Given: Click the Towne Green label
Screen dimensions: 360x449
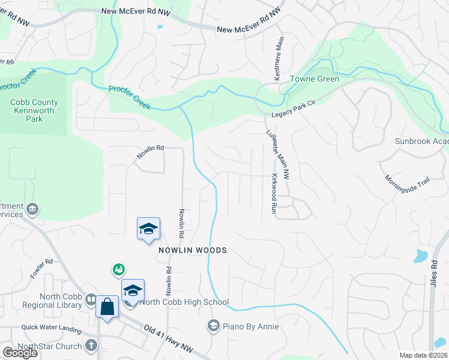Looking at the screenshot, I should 315,79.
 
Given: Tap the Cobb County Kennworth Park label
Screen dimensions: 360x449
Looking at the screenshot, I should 32,110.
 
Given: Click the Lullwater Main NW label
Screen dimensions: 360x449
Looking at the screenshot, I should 278,155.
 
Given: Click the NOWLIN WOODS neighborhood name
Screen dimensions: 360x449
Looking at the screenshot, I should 192,250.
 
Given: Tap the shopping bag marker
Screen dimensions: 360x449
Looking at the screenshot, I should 107,307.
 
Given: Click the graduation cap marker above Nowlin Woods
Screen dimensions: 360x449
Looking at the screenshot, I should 148,229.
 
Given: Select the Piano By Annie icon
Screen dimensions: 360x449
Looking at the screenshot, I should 212,326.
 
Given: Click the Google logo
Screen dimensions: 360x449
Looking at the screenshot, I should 20,353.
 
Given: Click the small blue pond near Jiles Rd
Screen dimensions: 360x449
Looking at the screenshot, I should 420,256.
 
